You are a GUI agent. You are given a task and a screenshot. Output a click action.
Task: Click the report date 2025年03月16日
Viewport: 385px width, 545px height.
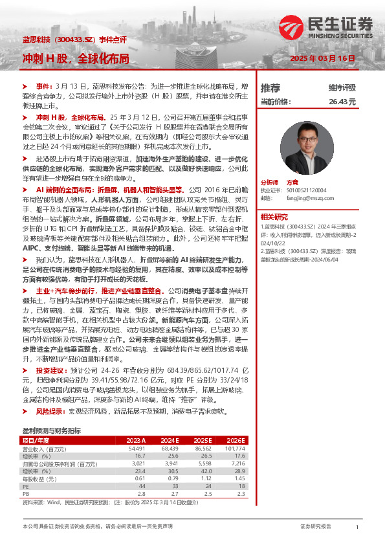[x=324, y=58]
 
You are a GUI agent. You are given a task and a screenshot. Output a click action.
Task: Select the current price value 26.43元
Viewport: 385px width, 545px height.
[x=342, y=102]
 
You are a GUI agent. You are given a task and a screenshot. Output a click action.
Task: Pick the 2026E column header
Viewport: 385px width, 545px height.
[x=237, y=439]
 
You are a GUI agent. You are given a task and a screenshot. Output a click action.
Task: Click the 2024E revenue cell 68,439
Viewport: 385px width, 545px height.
[x=170, y=448]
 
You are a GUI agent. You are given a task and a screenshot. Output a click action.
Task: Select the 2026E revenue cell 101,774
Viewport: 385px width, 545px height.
[x=236, y=448]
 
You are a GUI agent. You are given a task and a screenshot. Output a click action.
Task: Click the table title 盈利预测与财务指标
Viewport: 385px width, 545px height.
[x=52, y=430]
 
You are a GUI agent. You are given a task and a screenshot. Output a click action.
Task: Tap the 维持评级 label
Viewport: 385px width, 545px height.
[x=342, y=87]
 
